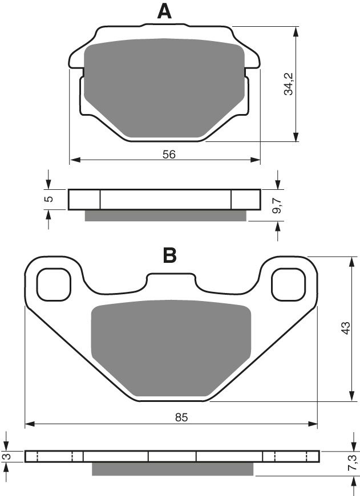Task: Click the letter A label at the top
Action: [x=164, y=11]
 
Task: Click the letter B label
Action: [x=169, y=256]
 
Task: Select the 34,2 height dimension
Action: [x=289, y=83]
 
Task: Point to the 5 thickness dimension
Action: [x=49, y=199]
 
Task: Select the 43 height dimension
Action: [x=345, y=329]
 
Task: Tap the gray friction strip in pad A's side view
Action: [x=165, y=215]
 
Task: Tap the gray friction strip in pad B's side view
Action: [x=172, y=468]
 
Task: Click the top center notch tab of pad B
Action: [x=171, y=278]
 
